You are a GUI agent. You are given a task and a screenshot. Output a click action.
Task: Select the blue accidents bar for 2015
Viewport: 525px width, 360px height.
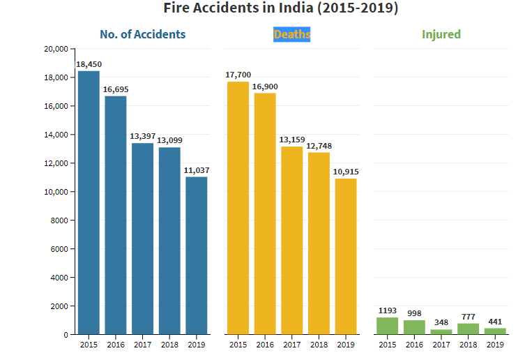[x=89, y=202]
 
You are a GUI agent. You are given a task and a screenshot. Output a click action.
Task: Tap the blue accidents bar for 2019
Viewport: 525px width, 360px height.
[x=197, y=255]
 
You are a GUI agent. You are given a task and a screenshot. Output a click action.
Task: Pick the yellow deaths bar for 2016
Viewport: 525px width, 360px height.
[x=265, y=213]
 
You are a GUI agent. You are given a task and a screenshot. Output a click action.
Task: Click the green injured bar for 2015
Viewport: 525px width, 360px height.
[x=387, y=326]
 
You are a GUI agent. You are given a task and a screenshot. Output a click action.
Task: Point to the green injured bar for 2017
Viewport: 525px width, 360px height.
[x=441, y=331]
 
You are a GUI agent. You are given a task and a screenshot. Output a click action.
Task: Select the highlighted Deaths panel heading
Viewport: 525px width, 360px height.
[x=292, y=34]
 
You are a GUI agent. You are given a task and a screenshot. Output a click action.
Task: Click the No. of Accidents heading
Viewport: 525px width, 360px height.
[x=143, y=34]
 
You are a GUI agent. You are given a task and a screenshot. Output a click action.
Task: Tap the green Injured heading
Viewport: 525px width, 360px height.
[x=441, y=34]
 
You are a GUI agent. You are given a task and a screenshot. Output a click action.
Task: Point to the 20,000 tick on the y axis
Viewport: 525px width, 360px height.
[x=54, y=50]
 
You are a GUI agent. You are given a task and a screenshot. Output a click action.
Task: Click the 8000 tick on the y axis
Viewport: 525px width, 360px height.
[x=57, y=220]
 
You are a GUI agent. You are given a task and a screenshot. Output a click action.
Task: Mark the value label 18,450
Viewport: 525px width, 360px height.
[x=88, y=64]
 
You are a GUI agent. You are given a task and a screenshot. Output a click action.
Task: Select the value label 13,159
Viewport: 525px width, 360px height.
[x=291, y=140]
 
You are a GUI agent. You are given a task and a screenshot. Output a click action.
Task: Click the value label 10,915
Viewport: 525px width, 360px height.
[x=346, y=172]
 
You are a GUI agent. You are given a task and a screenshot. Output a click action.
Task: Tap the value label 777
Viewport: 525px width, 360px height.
[x=469, y=317]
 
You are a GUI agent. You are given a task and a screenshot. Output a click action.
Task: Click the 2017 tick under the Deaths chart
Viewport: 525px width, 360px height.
[x=291, y=345]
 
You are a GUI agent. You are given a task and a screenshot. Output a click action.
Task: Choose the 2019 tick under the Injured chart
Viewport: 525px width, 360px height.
[x=495, y=345]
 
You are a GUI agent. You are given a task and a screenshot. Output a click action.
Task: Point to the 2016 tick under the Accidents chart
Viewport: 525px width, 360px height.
[x=116, y=345]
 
